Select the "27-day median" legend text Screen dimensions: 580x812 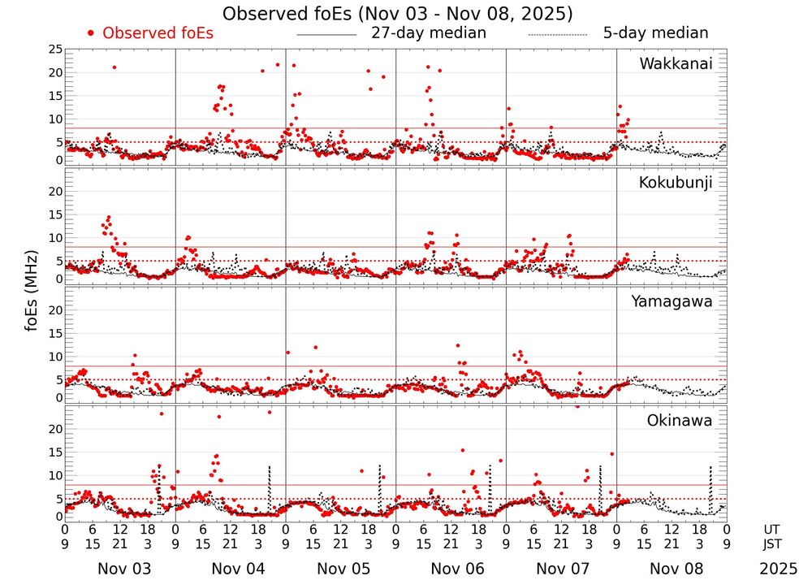pyautogui.click(x=428, y=33)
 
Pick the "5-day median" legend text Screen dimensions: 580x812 pyautogui.click(x=655, y=33)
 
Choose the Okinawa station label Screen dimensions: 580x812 pyautogui.click(x=680, y=420)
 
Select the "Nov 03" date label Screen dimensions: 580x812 pyautogui.click(x=124, y=569)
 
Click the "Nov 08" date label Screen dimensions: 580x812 pyautogui.click(x=680, y=569)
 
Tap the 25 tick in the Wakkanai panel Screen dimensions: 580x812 pyautogui.click(x=54, y=50)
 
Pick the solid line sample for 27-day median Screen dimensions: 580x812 pyautogui.click(x=326, y=35)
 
